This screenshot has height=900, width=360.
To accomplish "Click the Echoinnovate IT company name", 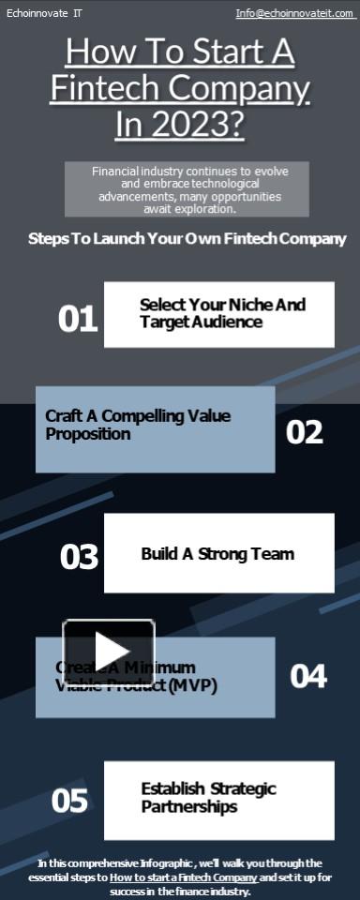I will (44, 13).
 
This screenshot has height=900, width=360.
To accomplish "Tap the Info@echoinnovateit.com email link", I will (294, 13).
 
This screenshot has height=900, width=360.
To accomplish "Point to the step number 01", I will (78, 319).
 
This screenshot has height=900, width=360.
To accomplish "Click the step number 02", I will (305, 431).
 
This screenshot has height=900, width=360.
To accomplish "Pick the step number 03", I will (79, 557).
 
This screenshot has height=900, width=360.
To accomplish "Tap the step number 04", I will (307, 676).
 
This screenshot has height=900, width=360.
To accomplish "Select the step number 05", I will (69, 801).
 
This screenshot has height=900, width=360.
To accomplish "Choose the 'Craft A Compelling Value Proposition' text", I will (138, 425).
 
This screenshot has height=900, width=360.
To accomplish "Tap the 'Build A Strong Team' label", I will (217, 553).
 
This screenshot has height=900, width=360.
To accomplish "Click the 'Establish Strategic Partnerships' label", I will (208, 798).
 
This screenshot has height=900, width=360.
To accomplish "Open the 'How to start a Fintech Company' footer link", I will (184, 877).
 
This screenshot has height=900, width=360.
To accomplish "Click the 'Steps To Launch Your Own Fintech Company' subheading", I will (187, 238).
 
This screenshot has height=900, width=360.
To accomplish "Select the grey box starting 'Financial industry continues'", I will (187, 189).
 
